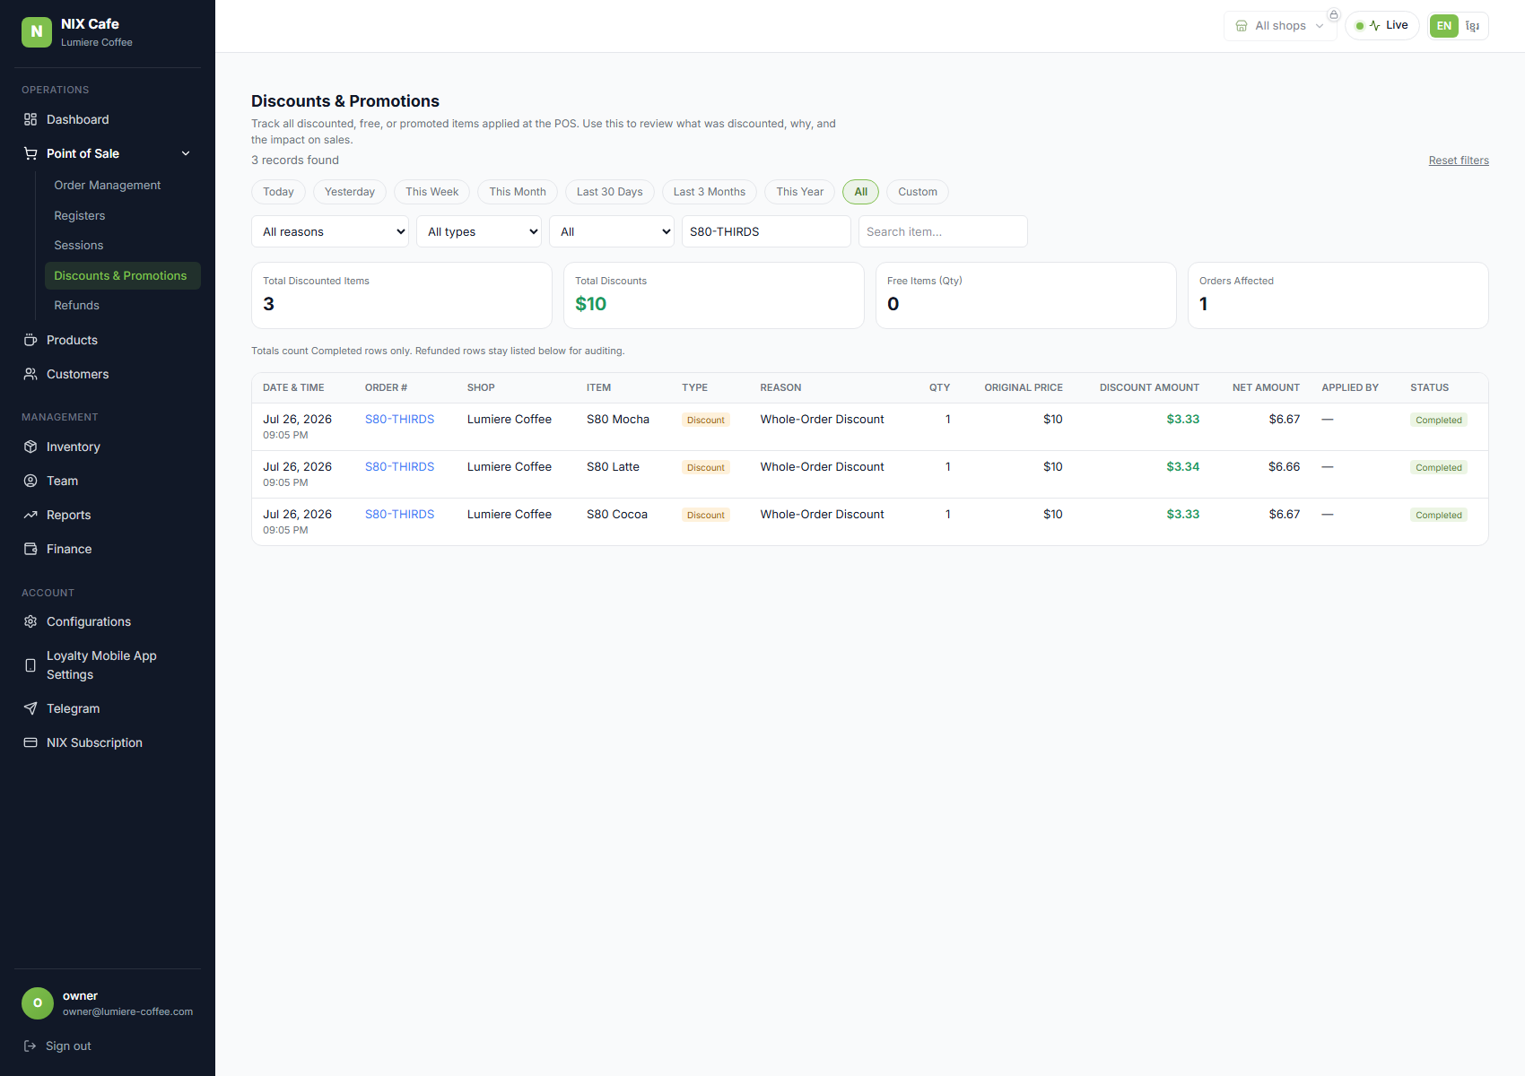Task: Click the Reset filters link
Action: (1459, 160)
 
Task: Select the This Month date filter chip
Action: (518, 191)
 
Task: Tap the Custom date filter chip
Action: (917, 191)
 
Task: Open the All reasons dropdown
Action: (329, 231)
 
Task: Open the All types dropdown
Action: (479, 231)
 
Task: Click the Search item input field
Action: (943, 231)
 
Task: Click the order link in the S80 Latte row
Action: (399, 466)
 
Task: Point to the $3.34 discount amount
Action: (1182, 466)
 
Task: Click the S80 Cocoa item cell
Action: (617, 514)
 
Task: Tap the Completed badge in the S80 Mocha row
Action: (1439, 420)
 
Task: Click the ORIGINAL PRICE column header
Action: (1024, 387)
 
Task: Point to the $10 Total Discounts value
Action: (590, 304)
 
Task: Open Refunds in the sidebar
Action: (76, 305)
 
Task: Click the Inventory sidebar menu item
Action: (73, 447)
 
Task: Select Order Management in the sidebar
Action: (107, 185)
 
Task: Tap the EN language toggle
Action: (1443, 26)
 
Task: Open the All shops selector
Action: (1280, 26)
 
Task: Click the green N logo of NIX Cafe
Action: (37, 32)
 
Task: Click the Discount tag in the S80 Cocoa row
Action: (705, 516)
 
